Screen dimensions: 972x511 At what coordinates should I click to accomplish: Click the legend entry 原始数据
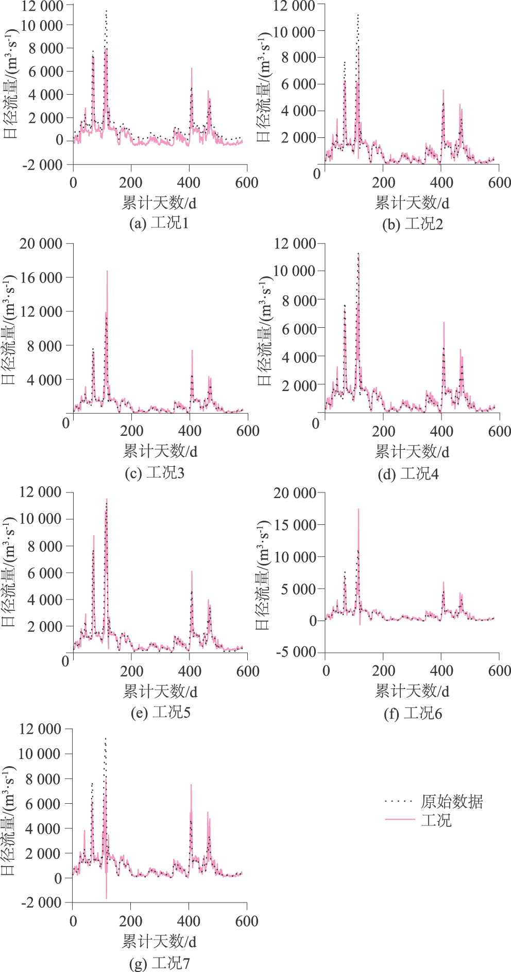tap(452, 801)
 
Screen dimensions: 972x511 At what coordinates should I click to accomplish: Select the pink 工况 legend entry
tap(436, 820)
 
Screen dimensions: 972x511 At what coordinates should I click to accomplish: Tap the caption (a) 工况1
tap(159, 223)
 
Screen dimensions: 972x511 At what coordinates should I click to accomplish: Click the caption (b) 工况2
tap(413, 224)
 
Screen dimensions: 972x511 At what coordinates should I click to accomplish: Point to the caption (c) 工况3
tap(155, 472)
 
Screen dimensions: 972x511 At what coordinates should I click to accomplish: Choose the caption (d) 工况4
tap(408, 473)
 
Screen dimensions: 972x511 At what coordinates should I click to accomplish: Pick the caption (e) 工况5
tap(160, 712)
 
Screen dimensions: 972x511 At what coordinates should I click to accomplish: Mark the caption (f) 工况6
tap(413, 713)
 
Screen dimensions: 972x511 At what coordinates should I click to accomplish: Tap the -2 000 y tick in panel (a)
tap(42, 165)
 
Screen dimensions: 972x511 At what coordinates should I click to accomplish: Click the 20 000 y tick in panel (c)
tap(41, 243)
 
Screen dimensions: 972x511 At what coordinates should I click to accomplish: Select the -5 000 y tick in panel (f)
tap(296, 652)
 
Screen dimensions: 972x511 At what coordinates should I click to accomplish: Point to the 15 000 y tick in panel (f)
tap(295, 525)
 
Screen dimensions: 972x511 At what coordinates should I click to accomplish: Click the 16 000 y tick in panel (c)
tap(41, 278)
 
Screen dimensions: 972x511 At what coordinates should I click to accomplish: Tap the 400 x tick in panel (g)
tap(189, 921)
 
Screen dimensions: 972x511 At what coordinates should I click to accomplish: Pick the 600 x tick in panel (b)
tap(499, 182)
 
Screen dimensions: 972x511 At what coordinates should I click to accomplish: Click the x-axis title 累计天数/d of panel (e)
tap(160, 691)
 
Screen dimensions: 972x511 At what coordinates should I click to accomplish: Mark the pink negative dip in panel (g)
tap(107, 896)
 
